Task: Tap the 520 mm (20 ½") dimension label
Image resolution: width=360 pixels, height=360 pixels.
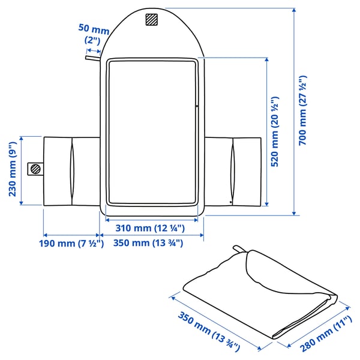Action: [275, 133]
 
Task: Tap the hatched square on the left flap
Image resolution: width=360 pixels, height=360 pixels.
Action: [35, 169]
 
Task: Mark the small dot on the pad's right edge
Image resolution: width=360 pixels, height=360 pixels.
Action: [196, 107]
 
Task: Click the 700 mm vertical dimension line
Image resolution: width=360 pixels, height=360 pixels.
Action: [294, 111]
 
